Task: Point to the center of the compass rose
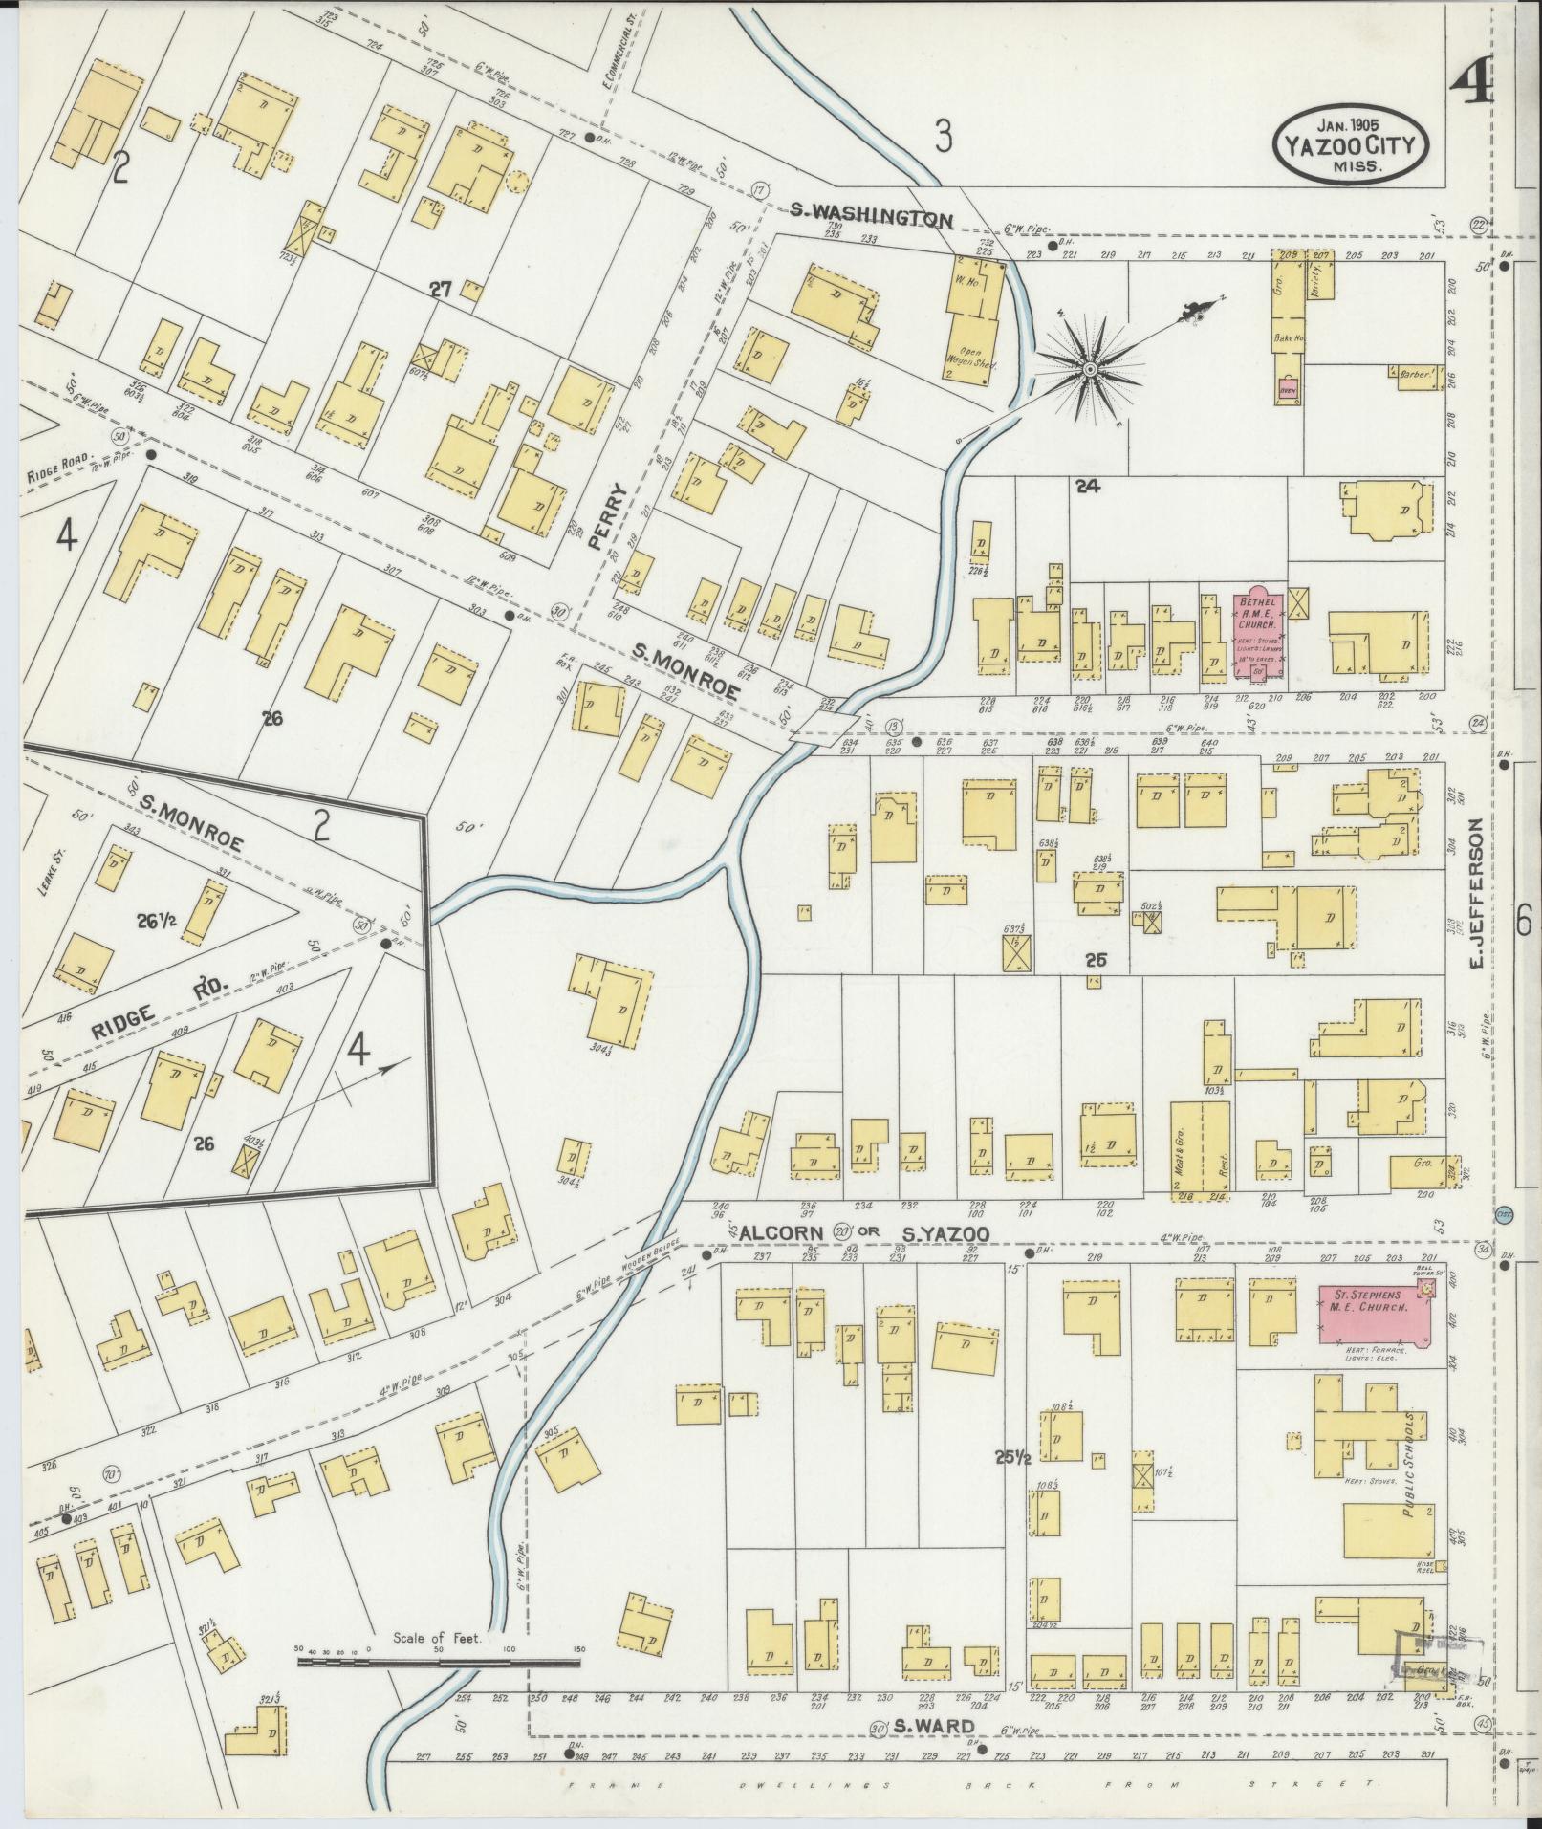1089,368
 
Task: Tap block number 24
1087,486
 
